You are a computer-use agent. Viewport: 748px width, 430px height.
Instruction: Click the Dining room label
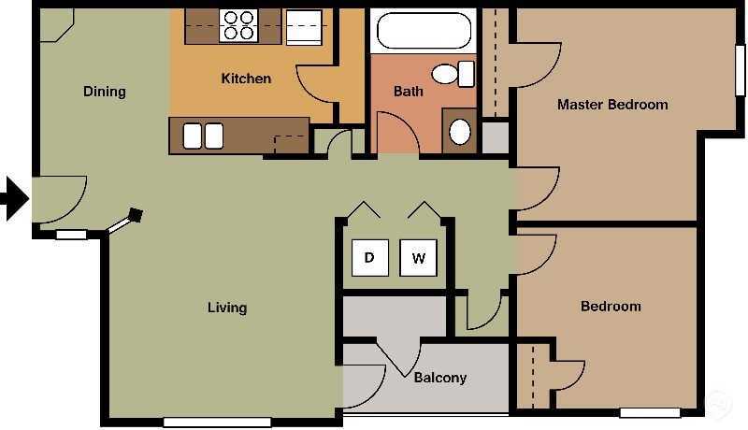[104, 92]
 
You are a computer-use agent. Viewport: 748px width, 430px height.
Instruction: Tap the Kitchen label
[246, 79]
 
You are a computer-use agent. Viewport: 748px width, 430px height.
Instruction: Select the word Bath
[408, 92]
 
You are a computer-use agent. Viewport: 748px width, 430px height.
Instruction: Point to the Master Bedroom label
[612, 105]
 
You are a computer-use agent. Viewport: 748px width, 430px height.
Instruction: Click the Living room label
[227, 308]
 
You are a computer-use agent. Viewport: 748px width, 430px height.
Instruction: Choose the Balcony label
[439, 378]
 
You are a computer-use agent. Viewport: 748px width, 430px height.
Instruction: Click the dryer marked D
[369, 258]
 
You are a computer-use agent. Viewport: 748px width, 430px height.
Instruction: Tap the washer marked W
[418, 258]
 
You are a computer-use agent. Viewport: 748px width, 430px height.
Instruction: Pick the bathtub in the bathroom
[425, 30]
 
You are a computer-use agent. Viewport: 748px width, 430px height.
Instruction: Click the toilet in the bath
[451, 73]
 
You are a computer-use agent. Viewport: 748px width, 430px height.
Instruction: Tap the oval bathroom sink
[460, 131]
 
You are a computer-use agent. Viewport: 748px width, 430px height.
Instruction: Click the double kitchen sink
[203, 136]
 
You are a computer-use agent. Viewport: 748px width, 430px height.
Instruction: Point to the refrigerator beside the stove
[304, 28]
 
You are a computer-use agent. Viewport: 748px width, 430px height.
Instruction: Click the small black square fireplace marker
[137, 215]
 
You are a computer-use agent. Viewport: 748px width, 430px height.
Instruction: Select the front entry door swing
[58, 198]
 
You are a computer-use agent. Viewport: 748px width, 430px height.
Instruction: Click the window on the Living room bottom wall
[217, 423]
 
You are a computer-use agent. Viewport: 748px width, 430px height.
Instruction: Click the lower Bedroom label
[611, 307]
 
